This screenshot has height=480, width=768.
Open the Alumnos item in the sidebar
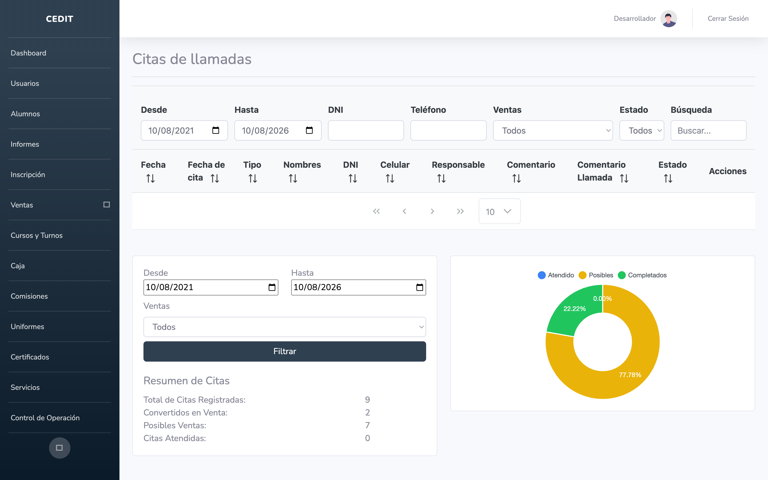[25, 114]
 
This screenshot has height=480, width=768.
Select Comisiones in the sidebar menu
[29, 296]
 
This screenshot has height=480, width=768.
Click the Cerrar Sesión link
[728, 18]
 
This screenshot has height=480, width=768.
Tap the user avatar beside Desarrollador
[669, 19]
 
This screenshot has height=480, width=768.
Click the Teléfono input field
[448, 130]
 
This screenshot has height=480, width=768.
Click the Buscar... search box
[708, 130]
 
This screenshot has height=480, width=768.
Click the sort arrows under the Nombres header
[293, 178]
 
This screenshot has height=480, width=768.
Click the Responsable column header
[458, 165]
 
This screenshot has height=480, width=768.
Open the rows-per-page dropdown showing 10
[499, 211]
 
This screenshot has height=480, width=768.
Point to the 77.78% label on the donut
[630, 375]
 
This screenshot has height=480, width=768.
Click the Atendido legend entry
[556, 275]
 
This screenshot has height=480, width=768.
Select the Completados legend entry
[642, 275]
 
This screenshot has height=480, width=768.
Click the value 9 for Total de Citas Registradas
[367, 399]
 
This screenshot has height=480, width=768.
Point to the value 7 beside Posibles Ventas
[367, 425]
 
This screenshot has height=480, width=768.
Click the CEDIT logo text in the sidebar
[60, 19]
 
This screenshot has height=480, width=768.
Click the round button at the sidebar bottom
[59, 448]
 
